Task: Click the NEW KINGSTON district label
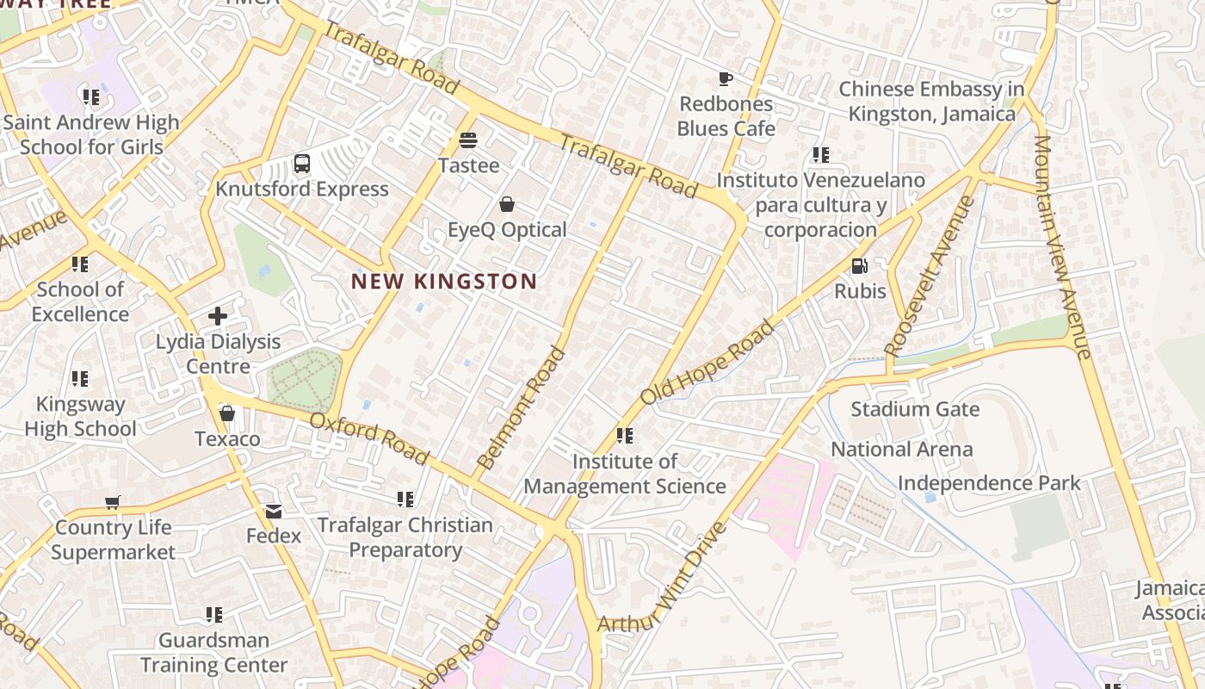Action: (444, 282)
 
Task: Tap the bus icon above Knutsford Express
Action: (301, 163)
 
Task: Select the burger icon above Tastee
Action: (468, 140)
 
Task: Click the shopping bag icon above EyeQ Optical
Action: (507, 204)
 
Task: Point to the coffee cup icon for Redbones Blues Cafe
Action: (726, 79)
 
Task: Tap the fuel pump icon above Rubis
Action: (859, 266)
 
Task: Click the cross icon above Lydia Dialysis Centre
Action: (218, 316)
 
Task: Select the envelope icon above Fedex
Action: (274, 512)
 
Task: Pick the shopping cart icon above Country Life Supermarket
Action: (113, 502)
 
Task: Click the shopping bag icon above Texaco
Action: (227, 414)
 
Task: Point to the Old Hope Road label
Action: (708, 362)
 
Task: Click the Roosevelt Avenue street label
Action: (930, 276)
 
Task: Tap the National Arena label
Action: (901, 450)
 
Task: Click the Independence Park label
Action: (988, 483)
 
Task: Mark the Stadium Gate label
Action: (915, 408)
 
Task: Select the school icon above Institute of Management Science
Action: (625, 436)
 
